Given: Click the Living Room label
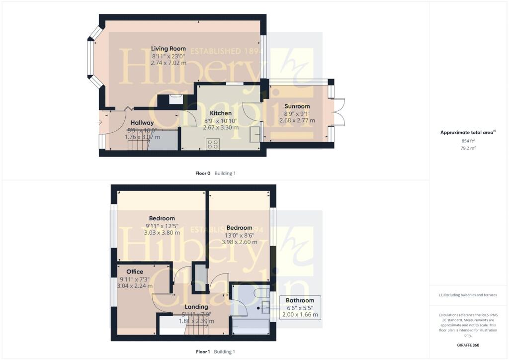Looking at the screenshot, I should click(x=169, y=48).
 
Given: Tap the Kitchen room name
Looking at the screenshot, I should click(x=220, y=113).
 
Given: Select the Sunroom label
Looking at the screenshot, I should click(x=297, y=106).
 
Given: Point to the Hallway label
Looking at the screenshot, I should click(x=142, y=123).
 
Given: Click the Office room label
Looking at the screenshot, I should click(x=135, y=271).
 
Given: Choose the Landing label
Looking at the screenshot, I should click(x=196, y=307).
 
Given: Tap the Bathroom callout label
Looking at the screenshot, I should click(x=300, y=300).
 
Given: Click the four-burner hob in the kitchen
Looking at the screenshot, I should click(x=213, y=144).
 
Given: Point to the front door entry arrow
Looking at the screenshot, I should click(x=101, y=122).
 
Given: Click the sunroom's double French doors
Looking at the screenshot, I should click(x=339, y=112).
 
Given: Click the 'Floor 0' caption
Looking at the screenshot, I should click(x=203, y=173).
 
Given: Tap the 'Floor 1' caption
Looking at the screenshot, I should click(x=203, y=352).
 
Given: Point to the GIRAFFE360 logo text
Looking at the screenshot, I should click(x=469, y=345).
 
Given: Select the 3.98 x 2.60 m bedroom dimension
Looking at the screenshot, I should click(x=239, y=242).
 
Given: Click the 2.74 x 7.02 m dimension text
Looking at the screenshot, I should click(x=169, y=63).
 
